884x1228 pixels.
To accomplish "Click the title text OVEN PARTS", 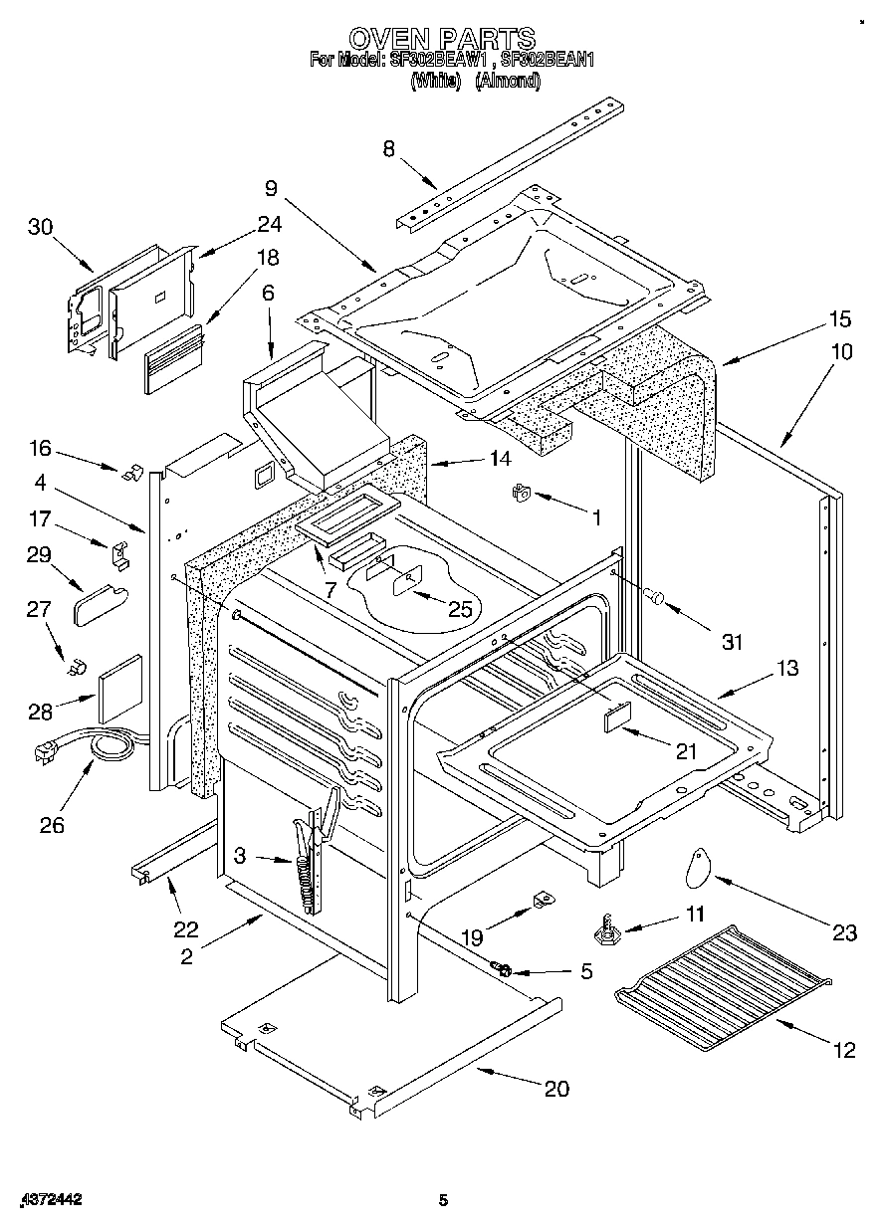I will [441, 39].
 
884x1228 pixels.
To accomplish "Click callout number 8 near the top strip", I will [389, 149].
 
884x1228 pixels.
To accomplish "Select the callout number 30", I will [40, 227].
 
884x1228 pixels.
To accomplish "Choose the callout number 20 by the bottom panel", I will [556, 1089].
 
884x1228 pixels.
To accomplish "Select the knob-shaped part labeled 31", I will [656, 597].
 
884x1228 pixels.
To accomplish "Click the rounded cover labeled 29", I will [101, 603].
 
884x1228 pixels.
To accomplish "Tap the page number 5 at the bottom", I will [444, 1201].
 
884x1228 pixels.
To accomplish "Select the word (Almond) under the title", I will [508, 83].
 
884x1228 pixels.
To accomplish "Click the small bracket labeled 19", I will [543, 901].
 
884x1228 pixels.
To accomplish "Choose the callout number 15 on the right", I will [840, 319].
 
